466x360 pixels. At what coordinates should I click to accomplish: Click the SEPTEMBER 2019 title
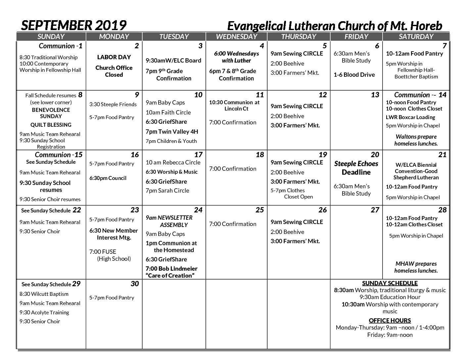coord(73,25)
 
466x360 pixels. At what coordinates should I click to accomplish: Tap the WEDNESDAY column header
coord(236,36)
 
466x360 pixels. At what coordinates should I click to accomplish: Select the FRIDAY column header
coord(356,36)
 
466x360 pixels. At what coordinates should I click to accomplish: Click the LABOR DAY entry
coord(114,57)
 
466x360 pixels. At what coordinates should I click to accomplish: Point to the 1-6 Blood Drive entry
coord(354,75)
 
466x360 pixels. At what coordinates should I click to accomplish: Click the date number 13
coord(375,95)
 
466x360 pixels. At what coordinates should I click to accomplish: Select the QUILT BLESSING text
coord(51,125)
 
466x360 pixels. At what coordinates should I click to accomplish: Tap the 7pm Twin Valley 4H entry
coord(172,131)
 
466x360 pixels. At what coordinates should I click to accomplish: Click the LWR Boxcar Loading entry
coord(410,117)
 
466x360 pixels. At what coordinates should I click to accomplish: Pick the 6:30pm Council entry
coord(108,178)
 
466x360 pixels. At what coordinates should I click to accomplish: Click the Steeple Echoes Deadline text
coord(356,168)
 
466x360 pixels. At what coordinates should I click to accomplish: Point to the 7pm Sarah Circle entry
coord(167,191)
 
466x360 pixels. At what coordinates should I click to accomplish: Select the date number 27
coord(375,210)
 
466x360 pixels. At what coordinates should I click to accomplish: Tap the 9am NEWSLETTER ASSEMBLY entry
coord(169,221)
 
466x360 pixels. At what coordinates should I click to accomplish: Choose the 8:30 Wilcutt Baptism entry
coord(44,294)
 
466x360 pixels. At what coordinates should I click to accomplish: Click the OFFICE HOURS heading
coord(390,320)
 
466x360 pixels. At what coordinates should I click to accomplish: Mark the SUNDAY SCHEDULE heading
coord(390,283)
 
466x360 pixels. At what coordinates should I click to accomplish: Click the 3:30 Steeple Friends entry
coord(113,105)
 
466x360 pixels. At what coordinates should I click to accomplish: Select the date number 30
coord(134,284)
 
